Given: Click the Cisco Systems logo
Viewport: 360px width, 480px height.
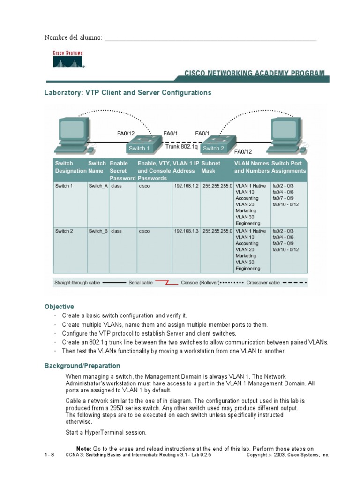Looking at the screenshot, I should (67, 59).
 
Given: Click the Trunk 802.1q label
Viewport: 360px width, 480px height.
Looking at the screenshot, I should (181, 146).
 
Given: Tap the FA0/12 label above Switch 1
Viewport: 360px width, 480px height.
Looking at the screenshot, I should (127, 133).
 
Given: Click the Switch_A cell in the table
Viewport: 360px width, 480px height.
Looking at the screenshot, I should (98, 186).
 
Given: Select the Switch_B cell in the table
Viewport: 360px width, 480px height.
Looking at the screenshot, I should (98, 231).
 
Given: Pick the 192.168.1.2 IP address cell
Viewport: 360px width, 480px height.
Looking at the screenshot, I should (187, 186).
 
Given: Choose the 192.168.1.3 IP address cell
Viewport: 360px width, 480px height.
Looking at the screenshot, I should (187, 231).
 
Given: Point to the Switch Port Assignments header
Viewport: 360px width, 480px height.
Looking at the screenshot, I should (288, 167).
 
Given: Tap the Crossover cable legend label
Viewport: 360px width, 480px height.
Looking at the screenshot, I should (263, 283).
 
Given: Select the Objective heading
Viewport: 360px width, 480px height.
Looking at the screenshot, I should (59, 307).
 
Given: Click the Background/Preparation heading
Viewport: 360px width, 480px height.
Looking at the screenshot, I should (82, 366).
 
